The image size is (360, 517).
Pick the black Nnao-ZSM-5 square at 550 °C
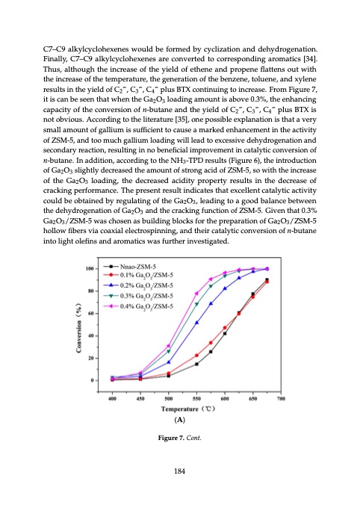196,364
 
